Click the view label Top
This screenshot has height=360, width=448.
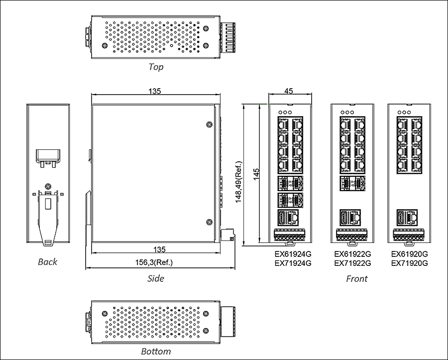(156, 67)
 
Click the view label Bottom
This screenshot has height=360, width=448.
(156, 352)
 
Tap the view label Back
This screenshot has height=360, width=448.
(47, 261)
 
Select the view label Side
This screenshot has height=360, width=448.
(156, 278)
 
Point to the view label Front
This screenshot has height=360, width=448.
(356, 278)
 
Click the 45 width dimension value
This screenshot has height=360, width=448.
(289, 91)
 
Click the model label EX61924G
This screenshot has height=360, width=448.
(293, 254)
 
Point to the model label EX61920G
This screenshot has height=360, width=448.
(410, 254)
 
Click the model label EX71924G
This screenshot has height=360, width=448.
(293, 263)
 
